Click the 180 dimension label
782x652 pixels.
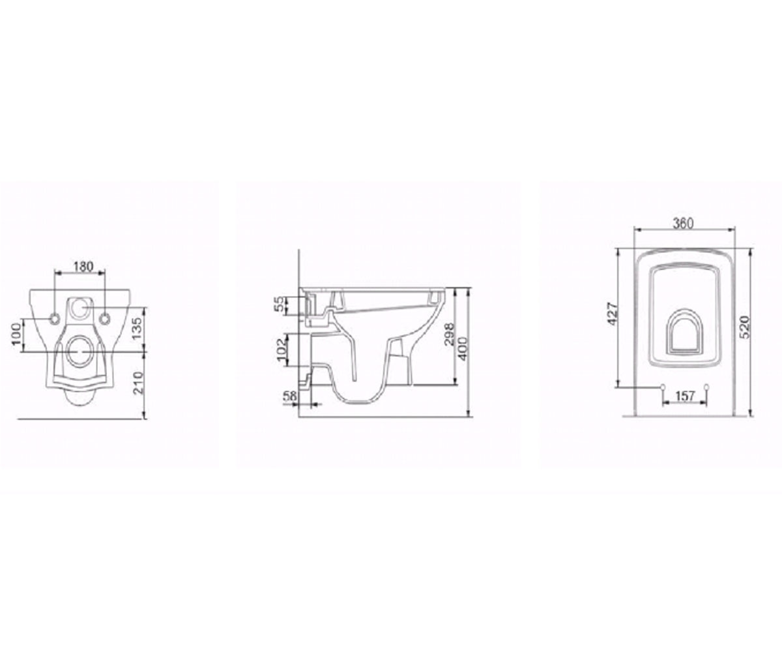click(x=83, y=267)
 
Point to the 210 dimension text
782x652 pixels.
click(x=138, y=383)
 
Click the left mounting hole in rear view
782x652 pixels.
click(x=55, y=308)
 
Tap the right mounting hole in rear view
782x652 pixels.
click(x=104, y=308)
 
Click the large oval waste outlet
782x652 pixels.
click(x=80, y=352)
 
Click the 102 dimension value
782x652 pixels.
click(x=282, y=349)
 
